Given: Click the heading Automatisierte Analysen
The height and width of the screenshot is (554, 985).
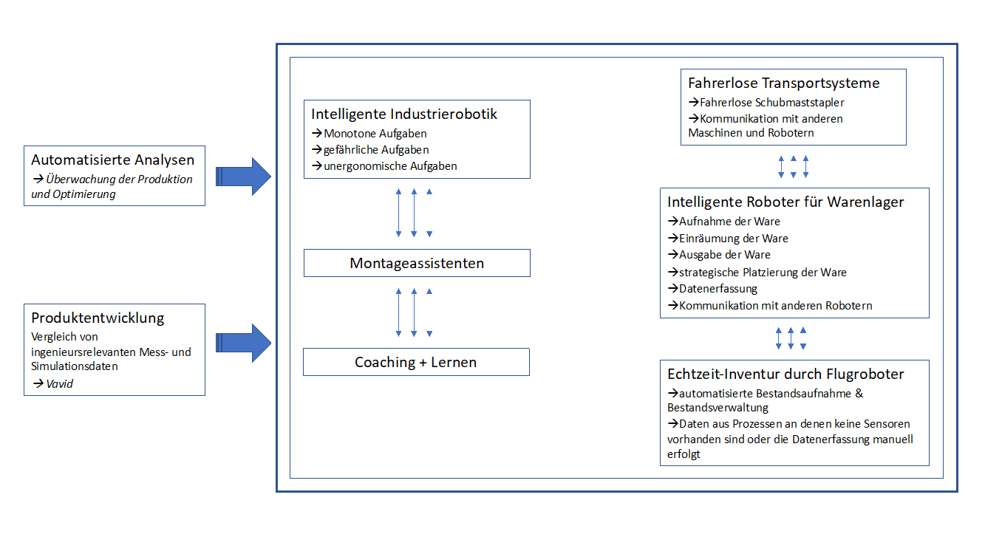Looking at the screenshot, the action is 112,160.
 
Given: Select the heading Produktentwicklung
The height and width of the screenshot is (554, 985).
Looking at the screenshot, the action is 98,318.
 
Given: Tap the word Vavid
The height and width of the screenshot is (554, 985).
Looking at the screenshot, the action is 59,384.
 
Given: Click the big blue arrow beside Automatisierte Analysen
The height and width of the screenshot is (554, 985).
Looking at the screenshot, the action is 243,177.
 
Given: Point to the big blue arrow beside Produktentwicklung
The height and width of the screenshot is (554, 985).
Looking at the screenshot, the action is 243,343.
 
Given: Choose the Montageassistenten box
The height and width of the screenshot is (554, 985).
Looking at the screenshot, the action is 417,263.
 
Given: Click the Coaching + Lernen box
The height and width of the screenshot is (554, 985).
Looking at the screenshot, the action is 416,362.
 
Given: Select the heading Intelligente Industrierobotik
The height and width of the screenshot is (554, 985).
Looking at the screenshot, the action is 404,114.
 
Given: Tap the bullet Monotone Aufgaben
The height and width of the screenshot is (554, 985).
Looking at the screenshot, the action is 369,134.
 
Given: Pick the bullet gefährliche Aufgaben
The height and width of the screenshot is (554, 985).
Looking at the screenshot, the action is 370,150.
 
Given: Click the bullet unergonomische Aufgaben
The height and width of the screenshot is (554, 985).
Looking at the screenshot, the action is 384,166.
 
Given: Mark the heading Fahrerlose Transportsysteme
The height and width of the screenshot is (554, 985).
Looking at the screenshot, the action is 784,83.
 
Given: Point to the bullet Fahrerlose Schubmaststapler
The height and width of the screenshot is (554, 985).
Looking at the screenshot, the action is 766,103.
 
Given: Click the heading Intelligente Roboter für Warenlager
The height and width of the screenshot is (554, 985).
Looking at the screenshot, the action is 785,202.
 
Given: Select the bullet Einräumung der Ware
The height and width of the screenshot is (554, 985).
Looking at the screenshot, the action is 728,239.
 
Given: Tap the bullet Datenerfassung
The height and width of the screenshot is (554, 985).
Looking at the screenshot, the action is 713,289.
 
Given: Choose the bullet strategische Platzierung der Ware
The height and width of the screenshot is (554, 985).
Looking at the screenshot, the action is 757,273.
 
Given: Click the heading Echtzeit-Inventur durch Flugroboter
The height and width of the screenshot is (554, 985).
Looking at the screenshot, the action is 785,375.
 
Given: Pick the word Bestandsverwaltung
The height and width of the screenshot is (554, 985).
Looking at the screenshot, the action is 718,408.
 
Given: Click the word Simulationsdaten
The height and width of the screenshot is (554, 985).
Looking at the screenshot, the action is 75,366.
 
